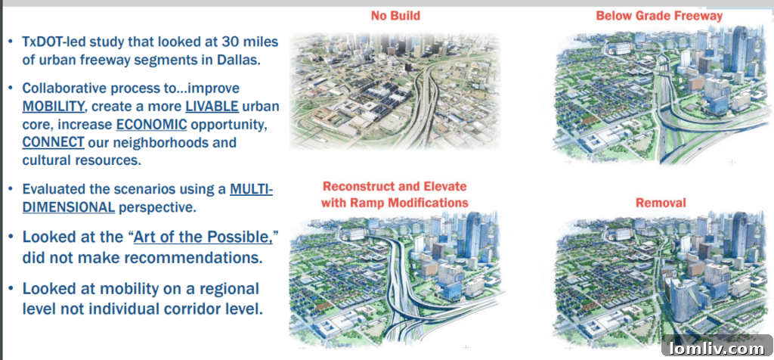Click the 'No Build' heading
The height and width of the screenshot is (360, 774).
point(395,16)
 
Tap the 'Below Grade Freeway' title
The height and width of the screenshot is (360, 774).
point(659,16)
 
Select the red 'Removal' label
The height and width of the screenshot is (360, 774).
point(661,203)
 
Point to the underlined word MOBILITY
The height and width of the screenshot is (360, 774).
point(54,106)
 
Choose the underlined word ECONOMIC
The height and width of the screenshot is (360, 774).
point(151,125)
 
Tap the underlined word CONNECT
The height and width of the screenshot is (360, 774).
point(54,142)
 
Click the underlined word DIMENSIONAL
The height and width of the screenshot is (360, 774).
point(69,207)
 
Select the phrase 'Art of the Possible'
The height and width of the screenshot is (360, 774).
point(203,236)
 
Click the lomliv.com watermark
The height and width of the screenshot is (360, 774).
point(717,349)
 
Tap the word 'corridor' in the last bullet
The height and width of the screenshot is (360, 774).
point(199,309)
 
